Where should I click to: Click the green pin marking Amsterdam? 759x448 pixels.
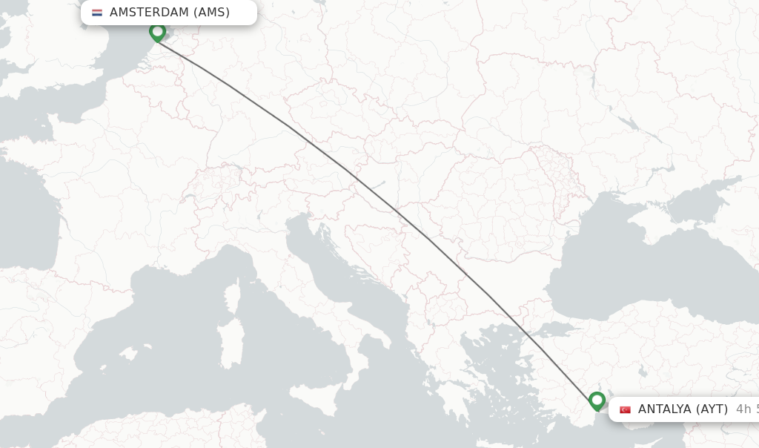tap(157, 32)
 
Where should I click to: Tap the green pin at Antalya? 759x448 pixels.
tap(597, 401)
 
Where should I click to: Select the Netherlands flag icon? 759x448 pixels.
tap(97, 13)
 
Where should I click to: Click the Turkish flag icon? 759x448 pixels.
tap(626, 409)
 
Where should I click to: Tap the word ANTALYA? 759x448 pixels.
tap(663, 409)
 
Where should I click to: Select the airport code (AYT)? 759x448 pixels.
tap(712, 409)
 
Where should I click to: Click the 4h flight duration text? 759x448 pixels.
tap(746, 409)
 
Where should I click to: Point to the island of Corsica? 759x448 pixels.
tap(232, 297)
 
